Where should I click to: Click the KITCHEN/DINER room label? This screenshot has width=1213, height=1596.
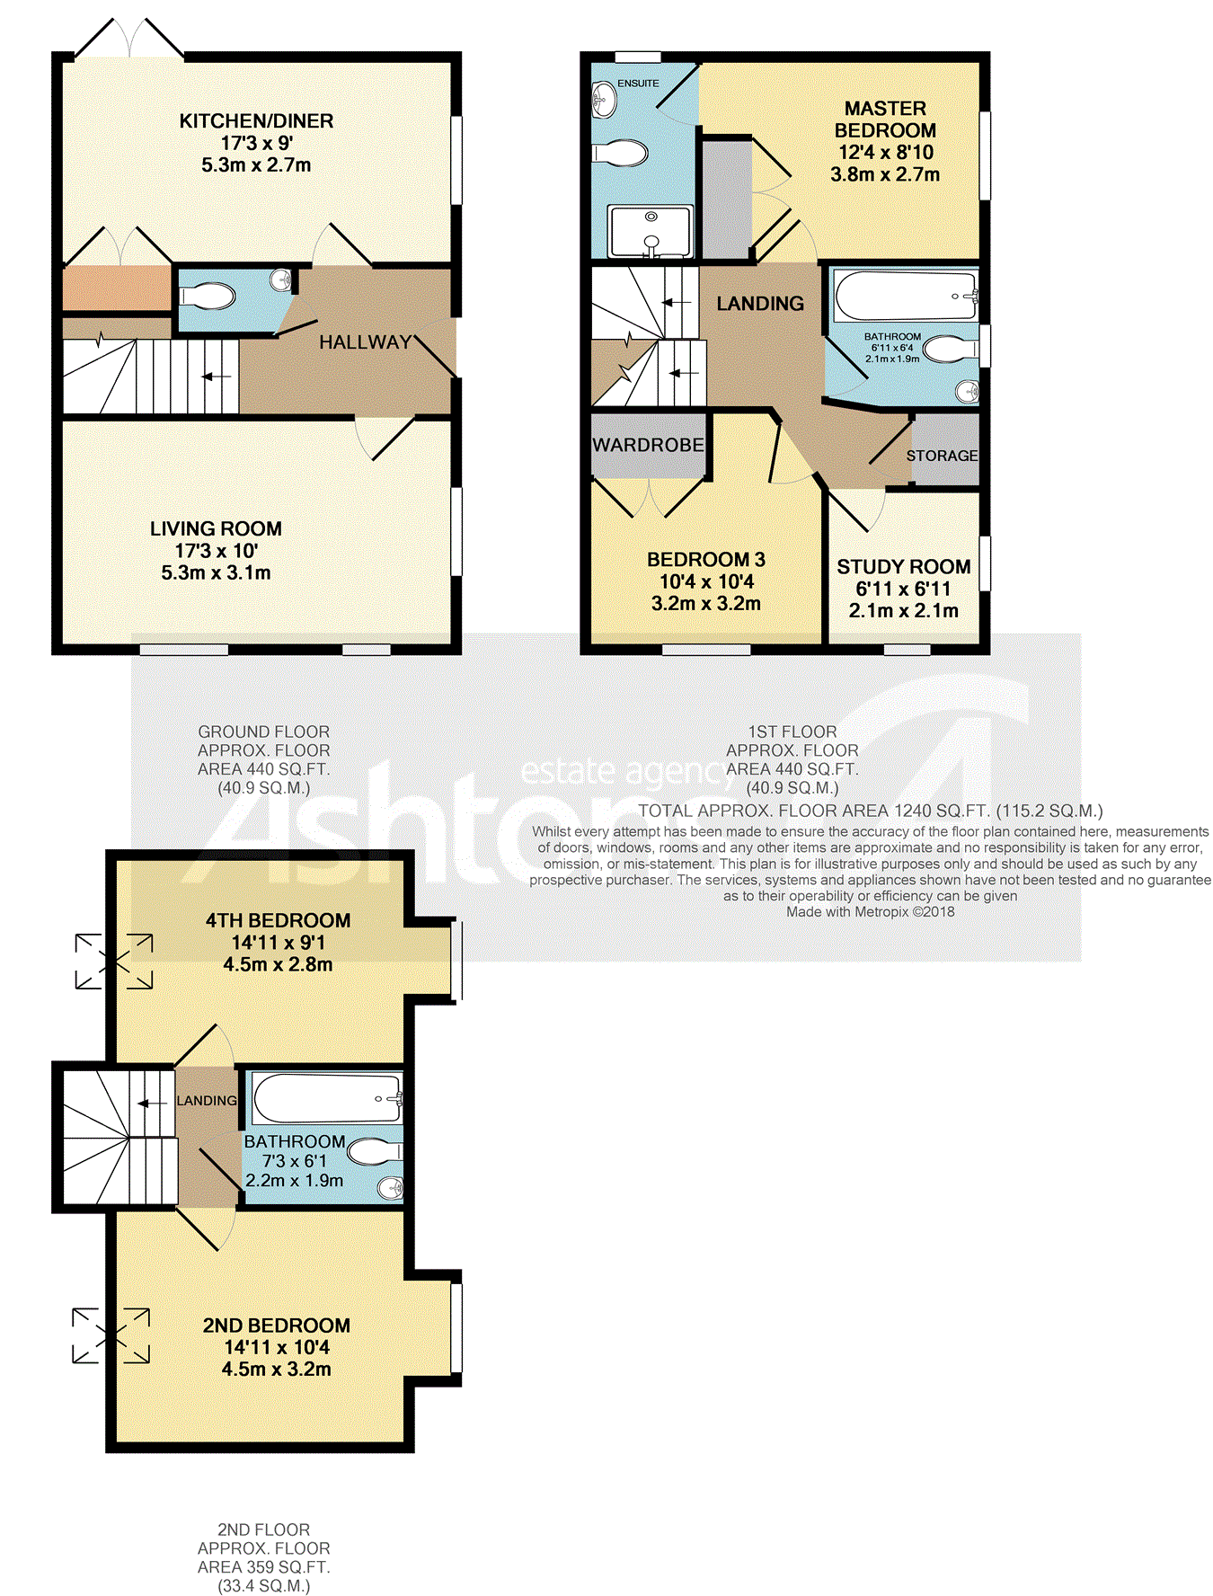click(x=256, y=121)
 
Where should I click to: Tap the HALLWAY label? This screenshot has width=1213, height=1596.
click(x=365, y=342)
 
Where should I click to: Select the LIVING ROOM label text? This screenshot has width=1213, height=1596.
click(x=216, y=529)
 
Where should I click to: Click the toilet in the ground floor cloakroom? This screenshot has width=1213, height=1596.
click(x=208, y=296)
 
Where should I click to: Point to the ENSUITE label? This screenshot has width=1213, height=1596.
click(x=638, y=84)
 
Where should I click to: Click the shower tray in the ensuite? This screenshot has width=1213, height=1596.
click(x=651, y=232)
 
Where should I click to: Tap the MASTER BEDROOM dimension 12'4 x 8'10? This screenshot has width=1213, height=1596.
click(x=886, y=153)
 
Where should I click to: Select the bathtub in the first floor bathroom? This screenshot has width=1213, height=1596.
click(x=906, y=296)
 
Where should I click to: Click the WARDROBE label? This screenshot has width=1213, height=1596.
click(x=648, y=445)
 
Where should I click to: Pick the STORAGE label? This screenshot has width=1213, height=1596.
click(x=942, y=456)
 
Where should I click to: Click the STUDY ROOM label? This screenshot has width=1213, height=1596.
click(x=904, y=567)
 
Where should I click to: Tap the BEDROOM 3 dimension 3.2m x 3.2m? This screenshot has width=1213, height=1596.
click(x=706, y=604)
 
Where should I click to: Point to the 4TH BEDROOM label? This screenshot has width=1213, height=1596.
click(x=278, y=921)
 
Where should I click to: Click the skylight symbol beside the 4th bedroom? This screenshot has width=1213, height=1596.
click(x=114, y=962)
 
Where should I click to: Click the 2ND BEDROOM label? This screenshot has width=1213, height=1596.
click(x=277, y=1326)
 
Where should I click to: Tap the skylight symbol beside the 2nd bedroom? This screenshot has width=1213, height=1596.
click(x=111, y=1335)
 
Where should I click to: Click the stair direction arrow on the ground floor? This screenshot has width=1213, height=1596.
click(x=216, y=377)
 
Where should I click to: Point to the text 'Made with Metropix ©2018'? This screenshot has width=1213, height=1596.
click(x=871, y=912)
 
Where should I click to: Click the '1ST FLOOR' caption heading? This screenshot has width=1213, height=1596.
click(x=792, y=732)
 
